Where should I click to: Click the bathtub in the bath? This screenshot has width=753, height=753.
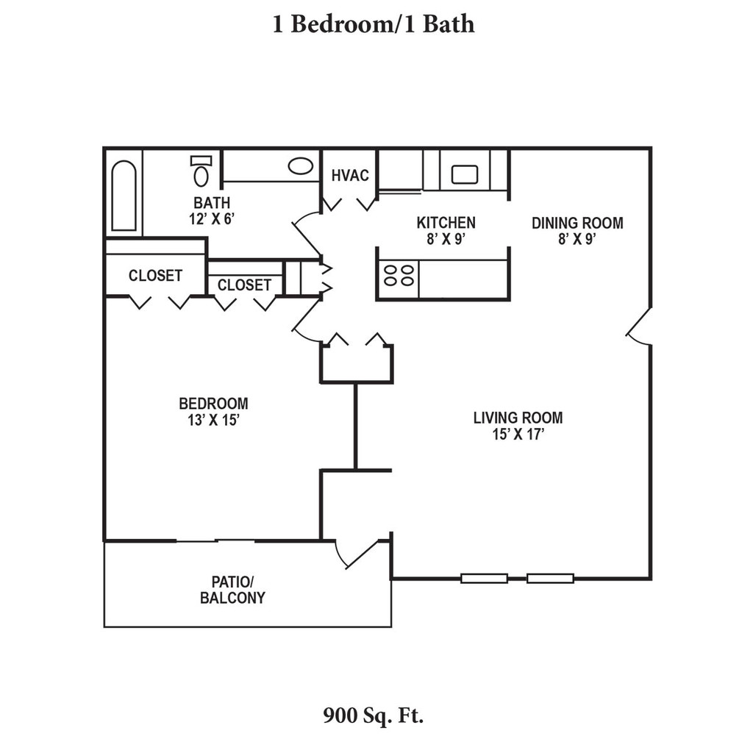coord(123,196)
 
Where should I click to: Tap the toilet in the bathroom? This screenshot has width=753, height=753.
coord(201,172)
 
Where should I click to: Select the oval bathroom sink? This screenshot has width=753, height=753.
coord(300,165)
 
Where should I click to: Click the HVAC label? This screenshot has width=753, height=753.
coord(349,175)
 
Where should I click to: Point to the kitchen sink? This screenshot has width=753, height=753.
coord(465,174)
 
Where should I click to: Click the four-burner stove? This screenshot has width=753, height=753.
coord(398,275)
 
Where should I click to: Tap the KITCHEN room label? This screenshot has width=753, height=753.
coord(446,222)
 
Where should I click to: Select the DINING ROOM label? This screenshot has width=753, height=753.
coord(577,222)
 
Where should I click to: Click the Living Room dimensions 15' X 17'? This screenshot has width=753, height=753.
coord(518,434)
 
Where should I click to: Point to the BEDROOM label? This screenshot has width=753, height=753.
coord(213,403)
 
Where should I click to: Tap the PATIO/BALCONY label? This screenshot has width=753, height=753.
coord(232,589)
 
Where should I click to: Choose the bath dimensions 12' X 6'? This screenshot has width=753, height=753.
coord(212,218)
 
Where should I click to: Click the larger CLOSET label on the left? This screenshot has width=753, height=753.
coord(155,276)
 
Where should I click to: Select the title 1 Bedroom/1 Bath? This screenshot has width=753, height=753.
coord(374,24)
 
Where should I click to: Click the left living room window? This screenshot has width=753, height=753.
coord(484,579)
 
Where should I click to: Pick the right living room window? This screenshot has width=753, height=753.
coord(551,579)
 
